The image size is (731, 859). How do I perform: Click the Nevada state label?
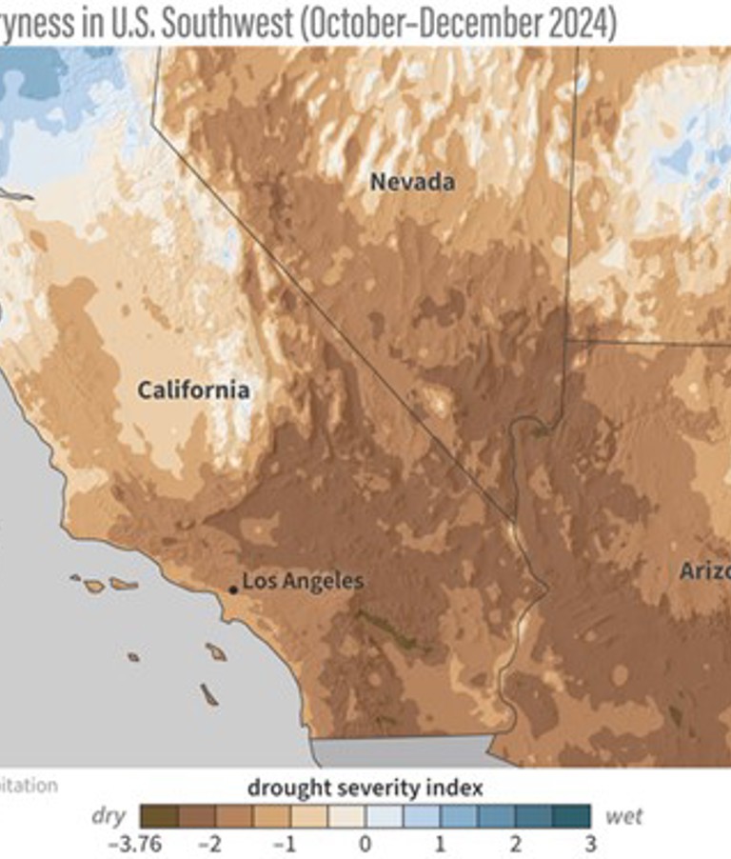[x=412, y=181]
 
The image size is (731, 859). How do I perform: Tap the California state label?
[x=193, y=390]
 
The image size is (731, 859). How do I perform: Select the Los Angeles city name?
[x=303, y=580]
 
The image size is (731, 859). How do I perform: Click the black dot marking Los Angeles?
[x=233, y=589]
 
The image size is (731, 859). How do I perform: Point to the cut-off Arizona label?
[x=704, y=571]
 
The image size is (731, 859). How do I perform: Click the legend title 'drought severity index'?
[x=365, y=788]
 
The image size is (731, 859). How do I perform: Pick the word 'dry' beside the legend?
[x=109, y=816]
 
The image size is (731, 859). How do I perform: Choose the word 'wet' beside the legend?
[x=623, y=816]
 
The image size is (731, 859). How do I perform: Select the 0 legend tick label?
[x=365, y=844]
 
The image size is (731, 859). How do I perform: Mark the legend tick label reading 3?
[x=590, y=844]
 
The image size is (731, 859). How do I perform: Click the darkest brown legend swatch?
[x=158, y=816]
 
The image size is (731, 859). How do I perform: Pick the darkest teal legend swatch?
[x=571, y=816]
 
